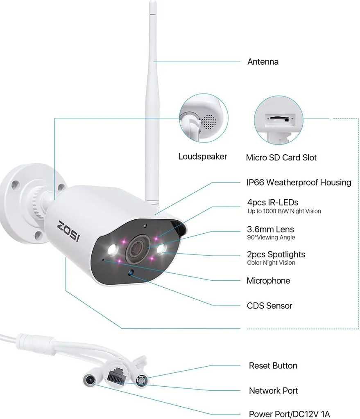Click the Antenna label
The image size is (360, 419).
coord(263,62)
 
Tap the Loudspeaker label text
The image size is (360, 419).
coord(202,156)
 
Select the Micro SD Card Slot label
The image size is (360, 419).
coord(281,158)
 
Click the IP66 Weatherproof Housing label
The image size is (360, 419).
coord(299,182)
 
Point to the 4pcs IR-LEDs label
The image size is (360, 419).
coord(272,202)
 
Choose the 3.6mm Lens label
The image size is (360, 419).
coord(270,229)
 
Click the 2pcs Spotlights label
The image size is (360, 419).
coord(276,255)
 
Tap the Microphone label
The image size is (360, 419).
coord(268,281)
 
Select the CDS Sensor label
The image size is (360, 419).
coord(269,306)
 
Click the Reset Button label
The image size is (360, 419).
coord(273,365)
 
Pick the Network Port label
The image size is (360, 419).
coord(273,391)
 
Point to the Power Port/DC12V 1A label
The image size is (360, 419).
coord(289,414)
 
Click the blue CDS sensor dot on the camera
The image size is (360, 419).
coord(131,273)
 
